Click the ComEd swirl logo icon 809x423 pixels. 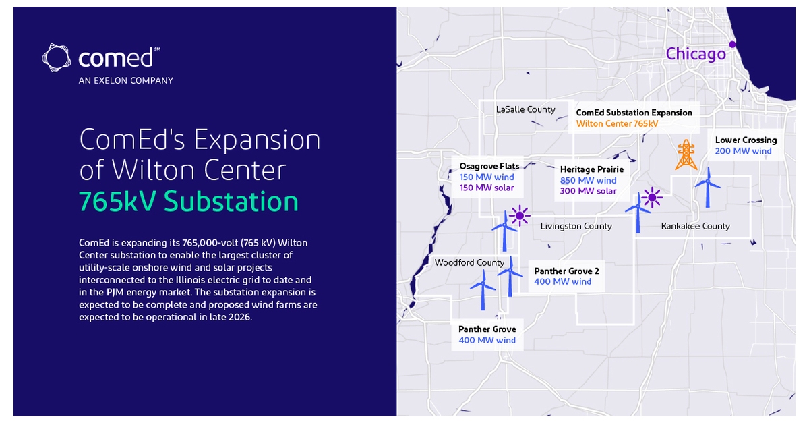56,58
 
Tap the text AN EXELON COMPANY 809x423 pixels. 126,80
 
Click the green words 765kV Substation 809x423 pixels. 189,201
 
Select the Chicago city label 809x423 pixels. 696,54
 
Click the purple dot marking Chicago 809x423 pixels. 732,45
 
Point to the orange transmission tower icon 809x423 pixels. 686,154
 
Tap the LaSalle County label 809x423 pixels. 526,109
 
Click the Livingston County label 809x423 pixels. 576,226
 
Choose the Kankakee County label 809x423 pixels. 695,226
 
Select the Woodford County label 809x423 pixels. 469,262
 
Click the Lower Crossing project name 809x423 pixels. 746,140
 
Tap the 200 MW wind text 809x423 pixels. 743,151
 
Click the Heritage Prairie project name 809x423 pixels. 592,169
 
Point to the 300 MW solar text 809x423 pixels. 588,191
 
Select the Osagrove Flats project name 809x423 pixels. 489,166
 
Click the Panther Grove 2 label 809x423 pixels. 566,271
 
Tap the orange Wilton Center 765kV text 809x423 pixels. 617,123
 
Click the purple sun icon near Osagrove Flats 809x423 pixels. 520,215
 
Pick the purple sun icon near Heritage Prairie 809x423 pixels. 652,198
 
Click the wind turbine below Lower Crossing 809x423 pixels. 708,186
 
